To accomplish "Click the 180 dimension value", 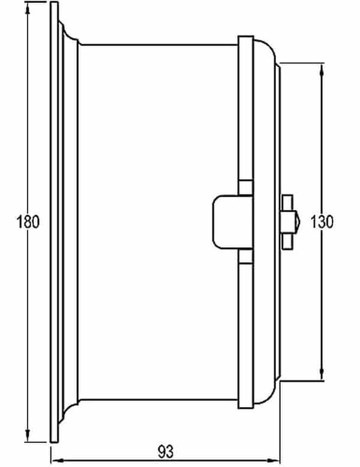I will pyautogui.click(x=28, y=221).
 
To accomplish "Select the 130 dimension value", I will pyautogui.click(x=322, y=221).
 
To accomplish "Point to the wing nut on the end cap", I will pyautogui.click(x=288, y=221).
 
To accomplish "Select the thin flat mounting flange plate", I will pyautogui.click(x=54, y=222).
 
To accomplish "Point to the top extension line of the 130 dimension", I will pyautogui.click(x=303, y=62).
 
